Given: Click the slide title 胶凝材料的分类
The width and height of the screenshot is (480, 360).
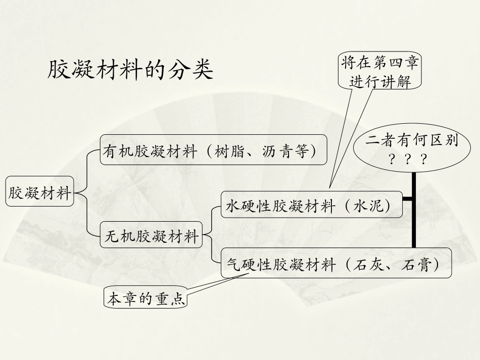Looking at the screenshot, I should click(x=130, y=70).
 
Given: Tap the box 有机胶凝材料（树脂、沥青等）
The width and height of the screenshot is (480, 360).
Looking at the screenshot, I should click(x=213, y=150).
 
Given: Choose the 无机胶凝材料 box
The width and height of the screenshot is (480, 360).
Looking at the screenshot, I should click(x=151, y=236).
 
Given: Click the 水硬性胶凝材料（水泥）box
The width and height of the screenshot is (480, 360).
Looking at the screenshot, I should click(x=311, y=205).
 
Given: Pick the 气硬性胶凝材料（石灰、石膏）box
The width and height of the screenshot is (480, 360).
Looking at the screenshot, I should click(x=336, y=264).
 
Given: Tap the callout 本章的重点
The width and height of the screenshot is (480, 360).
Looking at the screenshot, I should click(x=145, y=299).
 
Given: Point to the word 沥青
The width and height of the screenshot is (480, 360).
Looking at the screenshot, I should click(x=276, y=150).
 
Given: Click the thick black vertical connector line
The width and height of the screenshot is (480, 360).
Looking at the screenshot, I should click(x=414, y=212).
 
